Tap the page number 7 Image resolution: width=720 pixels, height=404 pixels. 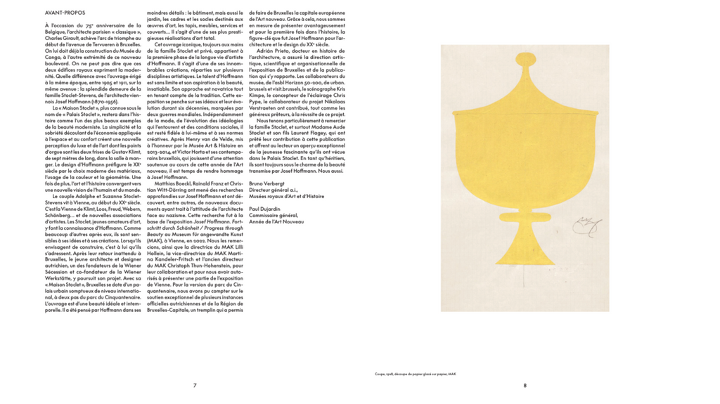pyautogui.click(x=195, y=385)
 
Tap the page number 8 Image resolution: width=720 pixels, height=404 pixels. pyautogui.click(x=525, y=385)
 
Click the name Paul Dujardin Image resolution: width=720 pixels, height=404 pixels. pyautogui.click(x=266, y=209)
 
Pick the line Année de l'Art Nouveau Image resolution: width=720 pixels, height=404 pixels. pyautogui.click(x=276, y=221)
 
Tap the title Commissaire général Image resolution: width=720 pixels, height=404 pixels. pyautogui.click(x=274, y=215)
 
